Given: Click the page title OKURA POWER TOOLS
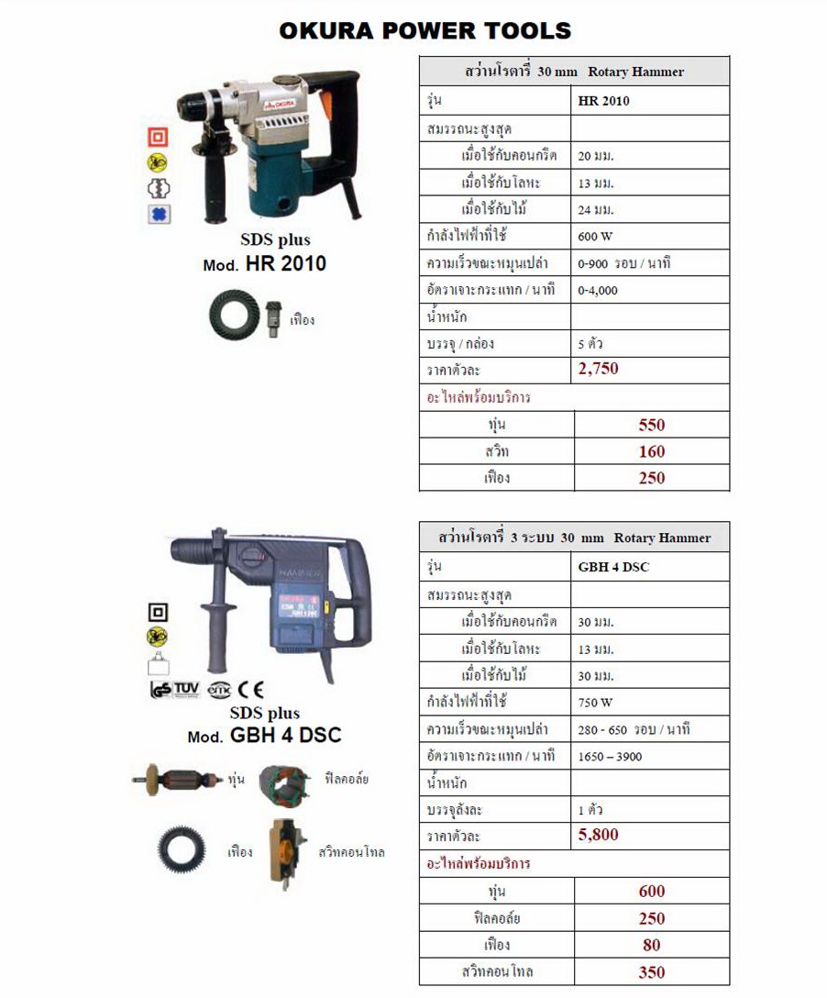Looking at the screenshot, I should point(425,30).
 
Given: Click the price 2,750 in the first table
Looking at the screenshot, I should point(599,369).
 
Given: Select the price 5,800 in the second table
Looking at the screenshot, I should point(599,835).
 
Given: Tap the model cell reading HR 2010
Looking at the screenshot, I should point(604,101).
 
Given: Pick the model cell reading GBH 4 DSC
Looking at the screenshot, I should point(613,567).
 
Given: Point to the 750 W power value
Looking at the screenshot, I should point(595,703).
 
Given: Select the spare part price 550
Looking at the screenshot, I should point(652,425).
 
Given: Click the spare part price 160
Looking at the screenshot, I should point(652,451).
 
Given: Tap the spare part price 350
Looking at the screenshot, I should point(652,972).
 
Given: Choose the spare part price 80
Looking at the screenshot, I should point(652,945).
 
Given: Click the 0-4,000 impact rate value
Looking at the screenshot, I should point(599,290).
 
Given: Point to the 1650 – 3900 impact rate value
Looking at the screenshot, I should point(611,757).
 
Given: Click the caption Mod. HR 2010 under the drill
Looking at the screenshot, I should point(264,265).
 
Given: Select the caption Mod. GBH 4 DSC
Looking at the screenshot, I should point(265,736).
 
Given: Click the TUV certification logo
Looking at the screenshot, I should point(187,688).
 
